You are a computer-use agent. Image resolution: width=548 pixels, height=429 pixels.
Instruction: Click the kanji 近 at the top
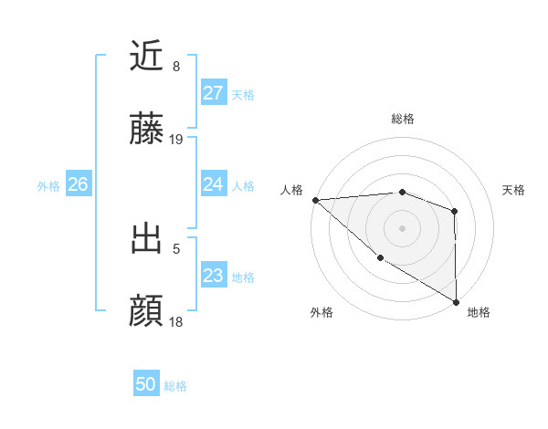[x=147, y=57]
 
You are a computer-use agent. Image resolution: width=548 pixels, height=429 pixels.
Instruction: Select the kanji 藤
[x=147, y=131]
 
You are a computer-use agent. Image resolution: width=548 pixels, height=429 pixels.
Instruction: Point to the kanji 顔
[x=147, y=311]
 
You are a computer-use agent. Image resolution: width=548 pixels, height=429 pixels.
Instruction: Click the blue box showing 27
[x=213, y=93]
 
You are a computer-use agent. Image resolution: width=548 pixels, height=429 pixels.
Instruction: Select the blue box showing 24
[x=213, y=184]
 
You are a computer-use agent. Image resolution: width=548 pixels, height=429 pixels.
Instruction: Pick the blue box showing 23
[x=213, y=276]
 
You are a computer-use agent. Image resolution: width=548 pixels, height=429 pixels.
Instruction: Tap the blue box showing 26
[x=78, y=184]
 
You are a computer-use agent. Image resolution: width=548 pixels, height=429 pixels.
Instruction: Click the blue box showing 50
[x=146, y=384]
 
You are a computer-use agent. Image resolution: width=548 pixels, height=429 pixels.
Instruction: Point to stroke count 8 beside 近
[x=176, y=67]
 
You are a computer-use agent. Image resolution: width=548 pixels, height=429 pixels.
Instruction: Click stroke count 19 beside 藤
[x=176, y=140]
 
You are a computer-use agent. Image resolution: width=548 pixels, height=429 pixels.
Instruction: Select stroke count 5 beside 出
[x=176, y=247]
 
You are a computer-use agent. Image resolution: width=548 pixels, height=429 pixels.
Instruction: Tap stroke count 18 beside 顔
[x=176, y=321]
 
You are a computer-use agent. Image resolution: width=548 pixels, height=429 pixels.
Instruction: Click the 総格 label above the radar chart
[x=403, y=119]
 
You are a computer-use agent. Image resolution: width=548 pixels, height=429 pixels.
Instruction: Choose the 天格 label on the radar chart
[x=514, y=190]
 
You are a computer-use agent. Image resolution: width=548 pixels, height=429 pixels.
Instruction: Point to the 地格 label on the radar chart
[x=479, y=312]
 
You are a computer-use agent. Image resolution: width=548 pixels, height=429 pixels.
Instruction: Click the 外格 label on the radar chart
[x=321, y=312]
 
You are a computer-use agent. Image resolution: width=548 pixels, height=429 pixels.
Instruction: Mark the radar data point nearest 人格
[x=315, y=200]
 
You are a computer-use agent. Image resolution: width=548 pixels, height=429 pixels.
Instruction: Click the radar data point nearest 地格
[x=456, y=301]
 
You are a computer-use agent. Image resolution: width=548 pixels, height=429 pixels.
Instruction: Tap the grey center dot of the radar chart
[x=402, y=227]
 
